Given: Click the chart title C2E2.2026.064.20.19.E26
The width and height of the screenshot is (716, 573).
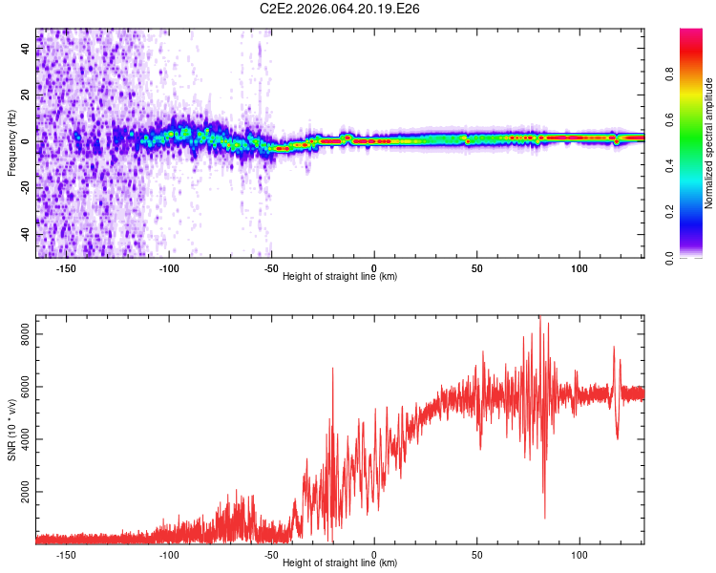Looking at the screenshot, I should [341, 9].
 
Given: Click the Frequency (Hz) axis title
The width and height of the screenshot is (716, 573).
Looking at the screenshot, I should [11, 143].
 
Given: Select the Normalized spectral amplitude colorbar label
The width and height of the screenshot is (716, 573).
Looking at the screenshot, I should [708, 143].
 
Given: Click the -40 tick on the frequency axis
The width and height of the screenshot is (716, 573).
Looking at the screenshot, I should [25, 234].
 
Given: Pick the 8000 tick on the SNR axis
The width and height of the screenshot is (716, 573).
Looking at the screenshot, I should [25, 333].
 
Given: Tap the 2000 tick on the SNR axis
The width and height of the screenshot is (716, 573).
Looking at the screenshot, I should [25, 492].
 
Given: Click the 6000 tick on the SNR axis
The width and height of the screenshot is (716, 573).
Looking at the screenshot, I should [25, 386].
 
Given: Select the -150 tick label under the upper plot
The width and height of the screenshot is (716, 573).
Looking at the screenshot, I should [66, 268].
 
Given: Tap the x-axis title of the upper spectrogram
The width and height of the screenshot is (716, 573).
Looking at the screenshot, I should [340, 277].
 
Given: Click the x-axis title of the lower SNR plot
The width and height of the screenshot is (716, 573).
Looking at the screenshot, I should [340, 563].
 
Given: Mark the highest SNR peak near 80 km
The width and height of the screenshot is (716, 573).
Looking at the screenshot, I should [539, 318].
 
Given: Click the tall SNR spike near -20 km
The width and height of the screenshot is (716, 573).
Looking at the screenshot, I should [332, 369].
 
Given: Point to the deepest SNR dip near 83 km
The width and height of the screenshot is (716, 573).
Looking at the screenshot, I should [545, 518].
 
